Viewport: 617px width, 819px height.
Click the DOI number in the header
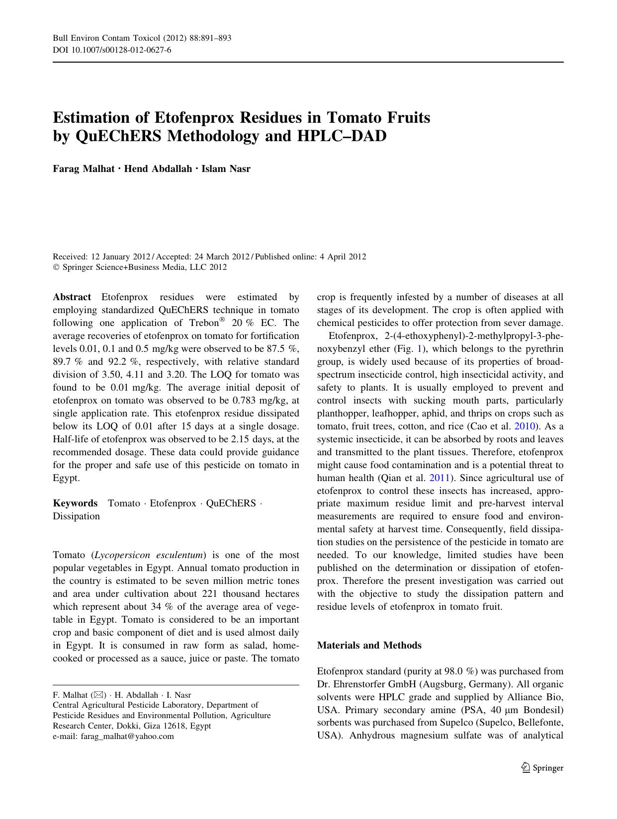pyautogui.click(x=120, y=50)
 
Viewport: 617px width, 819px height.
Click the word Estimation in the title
pyautogui.click(x=90, y=118)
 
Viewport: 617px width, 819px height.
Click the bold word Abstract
pyautogui.click(x=72, y=297)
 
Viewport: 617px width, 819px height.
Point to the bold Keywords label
pyautogui.click(x=75, y=503)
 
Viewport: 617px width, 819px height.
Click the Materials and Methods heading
pyautogui.click(x=369, y=645)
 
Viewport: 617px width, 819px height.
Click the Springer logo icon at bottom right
pyautogui.click(x=526, y=767)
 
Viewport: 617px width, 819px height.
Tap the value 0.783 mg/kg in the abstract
pyautogui.click(x=257, y=401)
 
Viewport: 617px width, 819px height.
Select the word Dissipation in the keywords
pyautogui.click(x=76, y=516)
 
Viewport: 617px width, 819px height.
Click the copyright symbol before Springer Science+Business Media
pyautogui.click(x=56, y=267)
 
